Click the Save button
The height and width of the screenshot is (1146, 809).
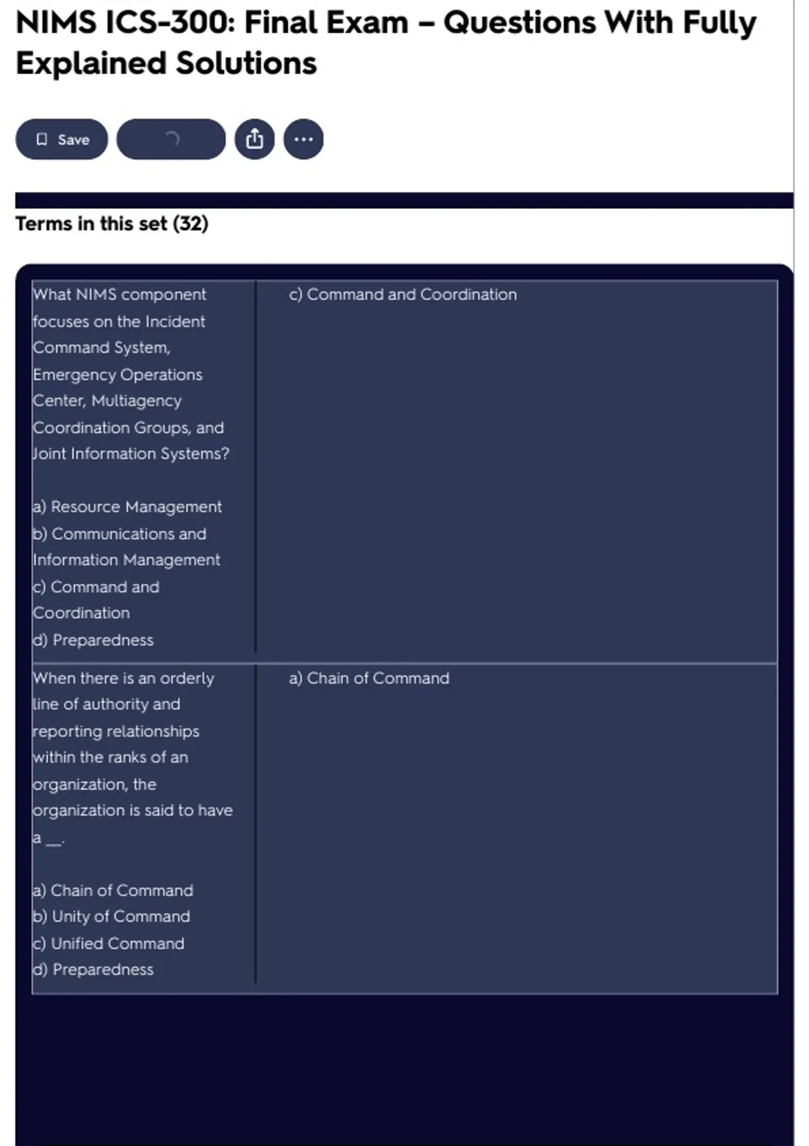[x=61, y=140]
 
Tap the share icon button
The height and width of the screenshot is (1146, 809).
[x=254, y=140]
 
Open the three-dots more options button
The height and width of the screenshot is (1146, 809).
[x=303, y=140]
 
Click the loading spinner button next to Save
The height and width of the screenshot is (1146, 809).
[x=171, y=140]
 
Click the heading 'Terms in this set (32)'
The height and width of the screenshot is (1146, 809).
[x=112, y=224]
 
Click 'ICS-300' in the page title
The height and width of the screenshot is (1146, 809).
[x=169, y=23]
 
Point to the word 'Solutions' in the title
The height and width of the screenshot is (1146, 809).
[x=246, y=64]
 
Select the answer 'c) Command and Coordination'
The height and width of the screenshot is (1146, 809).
[x=402, y=295]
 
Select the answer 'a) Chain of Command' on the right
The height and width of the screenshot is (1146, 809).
[x=369, y=678]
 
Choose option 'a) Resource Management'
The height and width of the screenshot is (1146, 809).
[x=127, y=507]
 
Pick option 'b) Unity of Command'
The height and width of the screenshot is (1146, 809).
[x=112, y=917]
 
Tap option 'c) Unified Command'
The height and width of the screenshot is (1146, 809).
[x=109, y=944]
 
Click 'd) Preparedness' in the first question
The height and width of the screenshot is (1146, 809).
[x=94, y=640]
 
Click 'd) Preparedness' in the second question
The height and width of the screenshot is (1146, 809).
[x=94, y=969]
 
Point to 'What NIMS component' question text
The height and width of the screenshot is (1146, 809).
[x=120, y=295]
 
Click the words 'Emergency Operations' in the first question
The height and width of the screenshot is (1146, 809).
[x=118, y=375]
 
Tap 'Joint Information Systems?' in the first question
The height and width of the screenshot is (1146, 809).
[x=131, y=454]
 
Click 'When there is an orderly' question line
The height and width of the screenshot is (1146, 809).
[x=123, y=678]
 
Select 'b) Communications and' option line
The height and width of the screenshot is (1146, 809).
[x=120, y=534]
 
